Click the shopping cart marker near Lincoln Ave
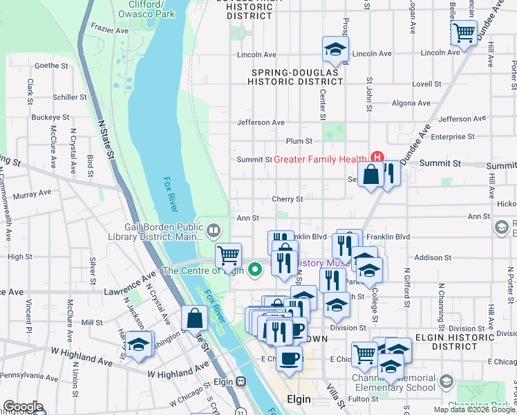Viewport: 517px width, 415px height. pos(464,33)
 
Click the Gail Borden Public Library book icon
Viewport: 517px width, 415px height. pos(214,231)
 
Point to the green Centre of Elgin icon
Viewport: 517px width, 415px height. pos(254,270)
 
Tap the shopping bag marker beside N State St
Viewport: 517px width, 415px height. pos(195,320)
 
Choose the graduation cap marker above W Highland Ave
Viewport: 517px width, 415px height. pos(139,344)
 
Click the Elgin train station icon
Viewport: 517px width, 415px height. pos(241,381)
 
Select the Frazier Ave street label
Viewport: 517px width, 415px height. pos(110,31)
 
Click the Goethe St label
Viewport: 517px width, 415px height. pos(49,66)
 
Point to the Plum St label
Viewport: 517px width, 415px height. pos(299,140)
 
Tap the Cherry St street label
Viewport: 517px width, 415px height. pos(288,199)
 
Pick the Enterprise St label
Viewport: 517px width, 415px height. pos(452,137)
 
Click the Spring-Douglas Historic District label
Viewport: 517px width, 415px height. pos(297,77)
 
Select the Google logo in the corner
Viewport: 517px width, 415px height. pos(23,407)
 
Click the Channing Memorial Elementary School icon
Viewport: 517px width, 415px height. pos(446,381)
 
